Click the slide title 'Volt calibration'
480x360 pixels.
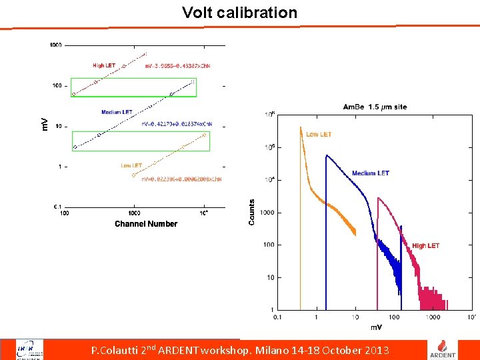pos(240,13)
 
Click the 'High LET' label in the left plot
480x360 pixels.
pos(104,65)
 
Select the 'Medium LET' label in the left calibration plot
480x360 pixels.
pos(117,112)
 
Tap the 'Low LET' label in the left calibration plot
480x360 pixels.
pos(131,165)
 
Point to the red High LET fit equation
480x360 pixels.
pos(179,66)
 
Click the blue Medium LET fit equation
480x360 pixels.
pos(179,125)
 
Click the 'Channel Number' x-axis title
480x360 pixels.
pos(146,224)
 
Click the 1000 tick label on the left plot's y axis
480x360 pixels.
pos(55,45)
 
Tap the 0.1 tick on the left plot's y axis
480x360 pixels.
pos(57,207)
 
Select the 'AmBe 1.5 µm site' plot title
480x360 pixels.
pos(375,107)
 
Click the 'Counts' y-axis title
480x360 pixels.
pos(252,212)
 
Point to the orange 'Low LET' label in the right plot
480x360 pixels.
pos(319,135)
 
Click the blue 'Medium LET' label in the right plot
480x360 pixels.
pos(371,173)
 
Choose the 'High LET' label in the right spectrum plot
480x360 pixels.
pos(425,246)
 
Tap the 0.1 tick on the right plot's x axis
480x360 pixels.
pos(277,317)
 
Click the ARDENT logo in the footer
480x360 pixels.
pos(447,349)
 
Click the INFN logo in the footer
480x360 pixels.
pos(29,349)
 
